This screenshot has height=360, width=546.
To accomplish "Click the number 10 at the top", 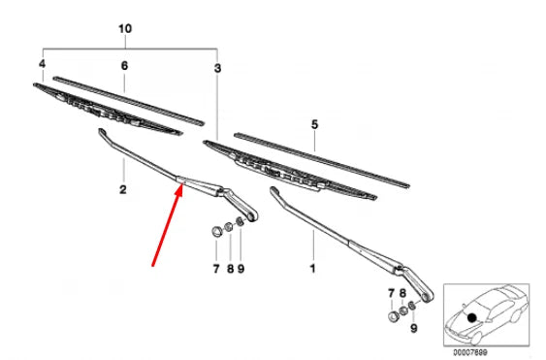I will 123,30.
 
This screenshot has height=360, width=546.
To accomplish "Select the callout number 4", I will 42,64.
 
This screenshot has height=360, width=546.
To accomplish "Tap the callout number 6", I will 123,65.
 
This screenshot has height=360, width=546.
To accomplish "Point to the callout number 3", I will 217,68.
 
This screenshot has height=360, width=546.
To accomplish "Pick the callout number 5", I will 313,124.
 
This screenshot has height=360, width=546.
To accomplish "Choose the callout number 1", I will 312,265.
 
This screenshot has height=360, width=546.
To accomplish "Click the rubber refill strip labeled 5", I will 320,158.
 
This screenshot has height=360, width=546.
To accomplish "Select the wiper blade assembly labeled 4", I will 107,109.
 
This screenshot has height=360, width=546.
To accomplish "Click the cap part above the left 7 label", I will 214,232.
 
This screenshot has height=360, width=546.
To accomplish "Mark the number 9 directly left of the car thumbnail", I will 414,330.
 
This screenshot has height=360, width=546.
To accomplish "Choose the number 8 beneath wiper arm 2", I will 229,267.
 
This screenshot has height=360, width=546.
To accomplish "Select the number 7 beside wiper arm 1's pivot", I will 391,292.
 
